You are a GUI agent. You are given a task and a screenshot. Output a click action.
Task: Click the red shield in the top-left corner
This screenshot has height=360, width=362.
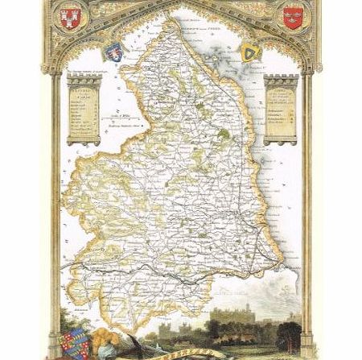pyautogui.click(x=70, y=15)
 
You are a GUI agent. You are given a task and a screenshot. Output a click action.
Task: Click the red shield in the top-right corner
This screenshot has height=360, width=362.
pyautogui.click(x=292, y=17)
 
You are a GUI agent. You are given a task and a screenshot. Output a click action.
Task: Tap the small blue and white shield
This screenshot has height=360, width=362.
pyautogui.click(x=114, y=52)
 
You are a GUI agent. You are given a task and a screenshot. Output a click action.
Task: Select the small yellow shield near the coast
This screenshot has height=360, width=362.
pyautogui.click(x=251, y=52)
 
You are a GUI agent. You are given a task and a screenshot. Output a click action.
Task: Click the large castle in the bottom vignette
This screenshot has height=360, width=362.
pyautogui.click(x=242, y=310)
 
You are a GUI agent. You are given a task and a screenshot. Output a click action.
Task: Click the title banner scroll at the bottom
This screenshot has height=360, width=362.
pyautogui.click(x=180, y=353)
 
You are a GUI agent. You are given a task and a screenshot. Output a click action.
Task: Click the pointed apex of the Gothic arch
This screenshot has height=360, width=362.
pyautogui.click(x=181, y=5)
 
